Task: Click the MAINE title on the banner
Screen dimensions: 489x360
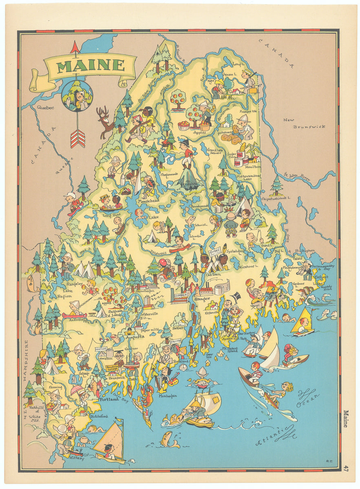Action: coord(91,65)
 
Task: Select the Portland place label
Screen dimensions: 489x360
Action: coord(109,400)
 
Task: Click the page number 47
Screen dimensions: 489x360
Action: coord(346,468)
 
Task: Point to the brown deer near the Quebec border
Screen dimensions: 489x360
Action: coord(104,121)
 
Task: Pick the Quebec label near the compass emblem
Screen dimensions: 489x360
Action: coord(45,108)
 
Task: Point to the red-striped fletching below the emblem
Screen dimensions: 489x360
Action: coord(77,139)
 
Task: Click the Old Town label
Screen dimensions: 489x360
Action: coord(213,275)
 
